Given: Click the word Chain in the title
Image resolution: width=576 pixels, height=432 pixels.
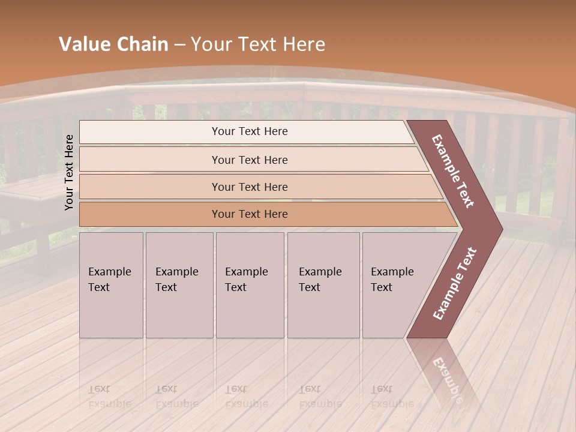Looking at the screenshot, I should click(142, 44).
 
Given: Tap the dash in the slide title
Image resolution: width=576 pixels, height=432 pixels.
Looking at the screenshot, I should click(179, 45).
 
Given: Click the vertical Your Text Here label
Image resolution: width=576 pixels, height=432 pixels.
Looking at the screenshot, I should click(69, 172).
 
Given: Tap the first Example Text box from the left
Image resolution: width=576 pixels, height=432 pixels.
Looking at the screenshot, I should click(111, 285).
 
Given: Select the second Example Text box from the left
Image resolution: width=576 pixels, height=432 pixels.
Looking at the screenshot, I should click(179, 285).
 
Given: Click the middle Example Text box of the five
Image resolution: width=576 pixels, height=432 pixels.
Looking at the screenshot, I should click(250, 285).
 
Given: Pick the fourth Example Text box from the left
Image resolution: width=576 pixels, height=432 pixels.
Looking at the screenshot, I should click(323, 285).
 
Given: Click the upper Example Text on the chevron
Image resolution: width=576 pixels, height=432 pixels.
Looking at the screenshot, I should click(453, 171).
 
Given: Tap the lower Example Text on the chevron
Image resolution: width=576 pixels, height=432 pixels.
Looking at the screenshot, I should click(454, 283).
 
